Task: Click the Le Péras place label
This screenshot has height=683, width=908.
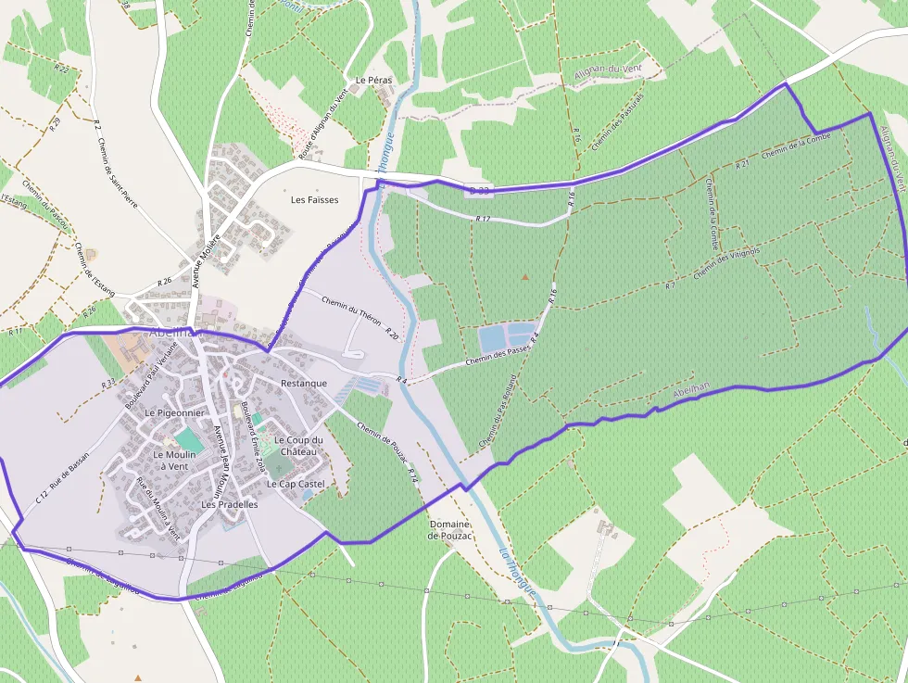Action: (373, 81)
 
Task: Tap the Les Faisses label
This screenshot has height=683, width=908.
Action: (314, 200)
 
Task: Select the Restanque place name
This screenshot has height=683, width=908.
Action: (303, 384)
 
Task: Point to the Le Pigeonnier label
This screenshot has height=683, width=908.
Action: (173, 412)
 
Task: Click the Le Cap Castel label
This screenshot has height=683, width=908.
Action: (296, 485)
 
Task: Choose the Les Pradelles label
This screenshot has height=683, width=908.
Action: (229, 505)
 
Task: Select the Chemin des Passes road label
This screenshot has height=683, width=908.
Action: (496, 356)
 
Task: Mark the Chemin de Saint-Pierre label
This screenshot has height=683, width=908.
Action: (116, 171)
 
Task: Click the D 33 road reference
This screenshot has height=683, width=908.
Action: (479, 190)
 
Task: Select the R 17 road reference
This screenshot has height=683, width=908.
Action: (482, 219)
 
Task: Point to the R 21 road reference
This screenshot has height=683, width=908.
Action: (742, 164)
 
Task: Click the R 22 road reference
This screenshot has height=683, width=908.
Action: (61, 69)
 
